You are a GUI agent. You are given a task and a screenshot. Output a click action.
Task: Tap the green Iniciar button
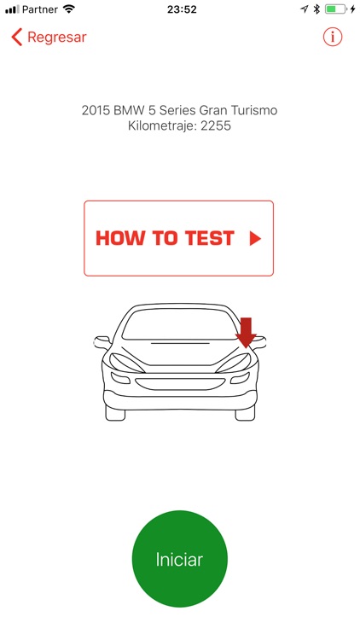[179, 560]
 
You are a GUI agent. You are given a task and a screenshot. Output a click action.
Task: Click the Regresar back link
[56, 38]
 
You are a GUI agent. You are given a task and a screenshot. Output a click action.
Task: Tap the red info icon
[333, 38]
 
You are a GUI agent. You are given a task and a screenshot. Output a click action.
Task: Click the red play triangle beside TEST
[254, 239]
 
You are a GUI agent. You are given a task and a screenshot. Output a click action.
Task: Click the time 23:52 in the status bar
[180, 9]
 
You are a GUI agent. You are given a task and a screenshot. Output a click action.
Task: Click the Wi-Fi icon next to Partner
[69, 9]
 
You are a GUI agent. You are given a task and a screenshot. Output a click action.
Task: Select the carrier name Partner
[40, 9]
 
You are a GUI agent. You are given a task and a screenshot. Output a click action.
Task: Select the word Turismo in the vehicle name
[253, 110]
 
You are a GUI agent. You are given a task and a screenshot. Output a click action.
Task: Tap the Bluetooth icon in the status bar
[316, 9]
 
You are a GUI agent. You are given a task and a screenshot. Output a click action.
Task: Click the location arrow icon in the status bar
[304, 9]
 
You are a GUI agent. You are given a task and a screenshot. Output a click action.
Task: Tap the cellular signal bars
[11, 9]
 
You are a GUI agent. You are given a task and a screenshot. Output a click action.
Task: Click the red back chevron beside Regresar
[16, 38]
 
